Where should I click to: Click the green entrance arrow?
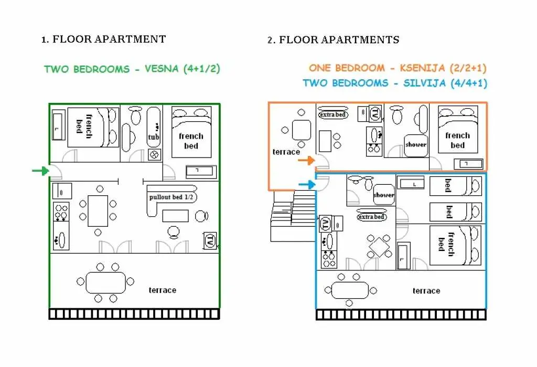(41, 171)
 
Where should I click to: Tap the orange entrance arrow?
(306, 160)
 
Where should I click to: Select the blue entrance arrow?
(307, 185)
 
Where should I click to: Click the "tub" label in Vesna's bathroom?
(154, 137)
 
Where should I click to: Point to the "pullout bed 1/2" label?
(171, 197)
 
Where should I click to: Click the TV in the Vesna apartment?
(210, 241)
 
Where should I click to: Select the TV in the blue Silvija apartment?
(325, 224)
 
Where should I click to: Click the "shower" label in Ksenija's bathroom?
(416, 145)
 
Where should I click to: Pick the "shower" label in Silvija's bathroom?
(383, 195)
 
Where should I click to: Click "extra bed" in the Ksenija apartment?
(332, 114)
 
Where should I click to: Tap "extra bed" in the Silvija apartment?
(372, 217)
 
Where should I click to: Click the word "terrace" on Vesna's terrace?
(163, 290)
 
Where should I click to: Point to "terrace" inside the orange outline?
(286, 152)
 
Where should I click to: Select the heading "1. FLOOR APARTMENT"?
(103, 39)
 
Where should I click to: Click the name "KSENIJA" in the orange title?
(423, 68)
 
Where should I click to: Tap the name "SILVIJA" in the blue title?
(425, 83)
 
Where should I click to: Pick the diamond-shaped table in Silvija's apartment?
(380, 247)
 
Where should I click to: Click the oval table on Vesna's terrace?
(106, 282)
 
